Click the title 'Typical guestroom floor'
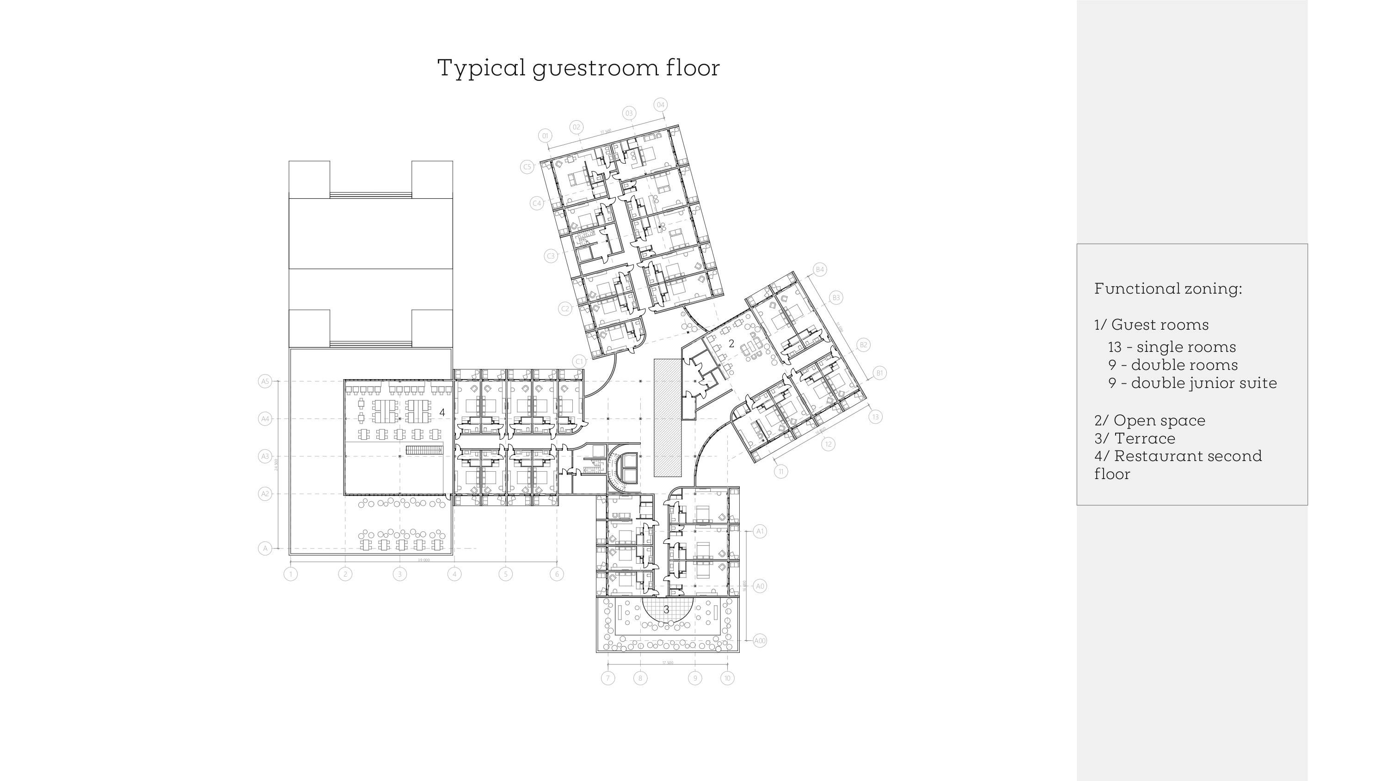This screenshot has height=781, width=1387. (578, 68)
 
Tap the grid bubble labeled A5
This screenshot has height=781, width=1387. (265, 381)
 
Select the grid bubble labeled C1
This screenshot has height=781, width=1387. (579, 362)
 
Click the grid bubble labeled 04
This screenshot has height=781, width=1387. (661, 105)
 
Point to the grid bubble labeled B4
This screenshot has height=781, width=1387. (820, 269)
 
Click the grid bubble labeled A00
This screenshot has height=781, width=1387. (760, 641)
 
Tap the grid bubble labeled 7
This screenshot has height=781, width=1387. (608, 678)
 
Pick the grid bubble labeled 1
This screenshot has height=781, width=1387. (291, 574)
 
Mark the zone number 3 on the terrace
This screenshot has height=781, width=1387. (666, 610)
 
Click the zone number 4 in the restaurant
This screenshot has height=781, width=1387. (442, 412)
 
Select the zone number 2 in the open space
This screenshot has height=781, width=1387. (731, 344)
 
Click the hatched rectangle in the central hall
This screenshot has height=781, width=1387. (668, 418)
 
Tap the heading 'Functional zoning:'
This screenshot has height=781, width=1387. (1168, 289)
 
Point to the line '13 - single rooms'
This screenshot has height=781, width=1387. (1172, 347)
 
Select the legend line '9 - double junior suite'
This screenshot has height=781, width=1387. (1192, 383)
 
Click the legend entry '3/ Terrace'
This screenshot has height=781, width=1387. (1135, 438)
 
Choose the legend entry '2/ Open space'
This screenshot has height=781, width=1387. (1149, 421)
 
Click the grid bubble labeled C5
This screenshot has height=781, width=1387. (527, 166)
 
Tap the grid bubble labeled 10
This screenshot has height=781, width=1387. (727, 678)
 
